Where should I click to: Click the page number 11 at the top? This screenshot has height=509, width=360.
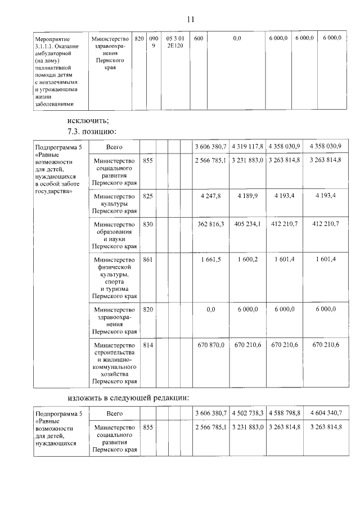[191, 19]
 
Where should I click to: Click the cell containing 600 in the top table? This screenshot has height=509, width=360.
[198, 38]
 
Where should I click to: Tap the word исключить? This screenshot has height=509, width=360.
[88, 120]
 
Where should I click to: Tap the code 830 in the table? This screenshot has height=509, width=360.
[148, 224]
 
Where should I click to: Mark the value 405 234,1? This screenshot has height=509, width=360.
[247, 224]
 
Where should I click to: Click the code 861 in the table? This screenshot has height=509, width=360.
[148, 259]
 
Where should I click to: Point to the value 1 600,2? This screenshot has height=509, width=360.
[247, 259]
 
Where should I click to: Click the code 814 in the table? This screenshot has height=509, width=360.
[148, 345]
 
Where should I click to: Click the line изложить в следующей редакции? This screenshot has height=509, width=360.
[128, 398]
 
